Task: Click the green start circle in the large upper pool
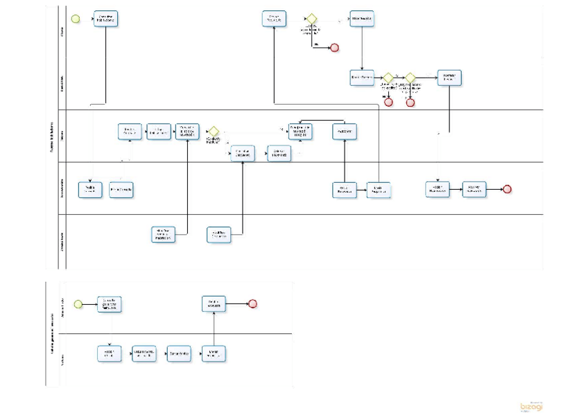click(76, 19)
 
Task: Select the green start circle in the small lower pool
click(78, 303)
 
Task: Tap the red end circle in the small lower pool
click(252, 303)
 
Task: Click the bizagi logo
click(532, 406)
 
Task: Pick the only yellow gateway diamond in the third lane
click(214, 131)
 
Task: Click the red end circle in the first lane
click(334, 47)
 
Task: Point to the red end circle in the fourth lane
click(508, 189)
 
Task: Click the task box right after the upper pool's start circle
click(106, 19)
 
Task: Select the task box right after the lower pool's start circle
click(109, 303)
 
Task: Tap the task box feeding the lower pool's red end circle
click(214, 303)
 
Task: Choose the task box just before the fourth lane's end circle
click(475, 189)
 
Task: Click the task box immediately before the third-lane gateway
click(187, 131)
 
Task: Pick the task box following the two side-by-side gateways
click(449, 78)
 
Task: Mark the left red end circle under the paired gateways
click(388, 102)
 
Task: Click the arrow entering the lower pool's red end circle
click(237, 303)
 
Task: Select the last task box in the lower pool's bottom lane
click(214, 353)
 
